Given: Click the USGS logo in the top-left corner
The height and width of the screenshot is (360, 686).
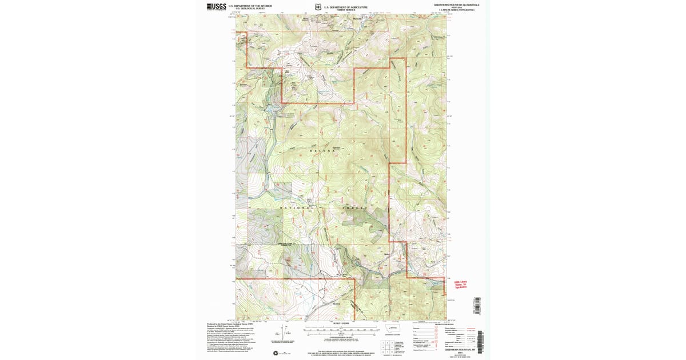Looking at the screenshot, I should coord(216,7).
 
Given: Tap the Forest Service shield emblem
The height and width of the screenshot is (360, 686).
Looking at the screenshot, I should coord(318,7).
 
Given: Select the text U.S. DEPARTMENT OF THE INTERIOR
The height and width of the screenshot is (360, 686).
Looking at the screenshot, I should coord(250,6).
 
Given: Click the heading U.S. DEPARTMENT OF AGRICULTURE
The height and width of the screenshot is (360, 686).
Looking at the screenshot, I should coord(345,7).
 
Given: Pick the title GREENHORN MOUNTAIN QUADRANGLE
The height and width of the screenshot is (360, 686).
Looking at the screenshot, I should coord(456,5).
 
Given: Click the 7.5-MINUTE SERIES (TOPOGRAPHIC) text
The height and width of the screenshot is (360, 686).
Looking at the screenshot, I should coord(456,10).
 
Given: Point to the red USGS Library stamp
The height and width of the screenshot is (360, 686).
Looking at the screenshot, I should coord(461,284).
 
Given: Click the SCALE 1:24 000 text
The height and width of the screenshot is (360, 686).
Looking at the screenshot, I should coord(341,323).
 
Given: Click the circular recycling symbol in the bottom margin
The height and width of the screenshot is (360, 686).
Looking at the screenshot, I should coord(277,353).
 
